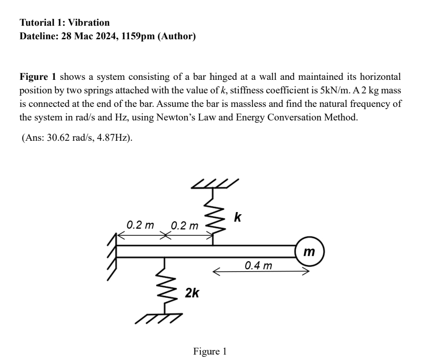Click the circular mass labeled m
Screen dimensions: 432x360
309,251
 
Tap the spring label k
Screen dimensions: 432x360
237,217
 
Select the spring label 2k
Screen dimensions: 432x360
192,293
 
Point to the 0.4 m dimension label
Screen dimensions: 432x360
258,265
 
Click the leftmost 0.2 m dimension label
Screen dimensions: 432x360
140,224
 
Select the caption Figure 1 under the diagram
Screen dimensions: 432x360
209,351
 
